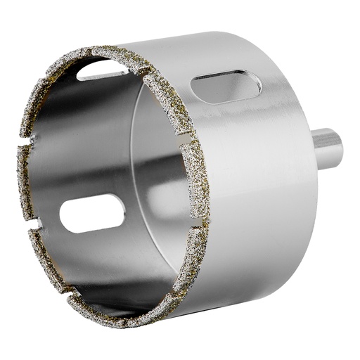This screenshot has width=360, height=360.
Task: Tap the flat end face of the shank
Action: click(x=337, y=147)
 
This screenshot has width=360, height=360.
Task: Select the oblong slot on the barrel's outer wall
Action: click(x=226, y=88)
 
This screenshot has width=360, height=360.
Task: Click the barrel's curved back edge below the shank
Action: click(x=295, y=232)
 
